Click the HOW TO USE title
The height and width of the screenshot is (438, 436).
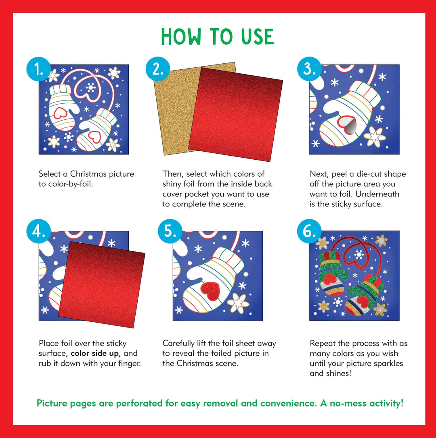click(x=218, y=37)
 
